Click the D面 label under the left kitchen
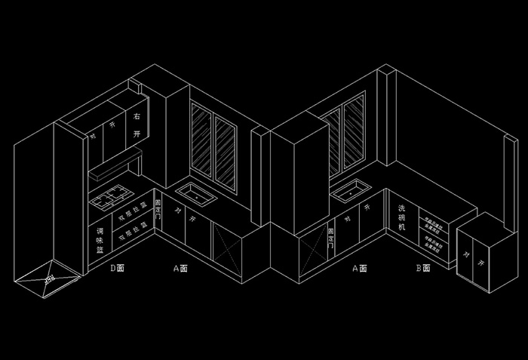coord(117,267)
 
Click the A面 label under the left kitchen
coord(180,267)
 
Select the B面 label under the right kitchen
coord(422,267)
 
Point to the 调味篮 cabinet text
coord(100,239)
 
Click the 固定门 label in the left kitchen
coord(158,210)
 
